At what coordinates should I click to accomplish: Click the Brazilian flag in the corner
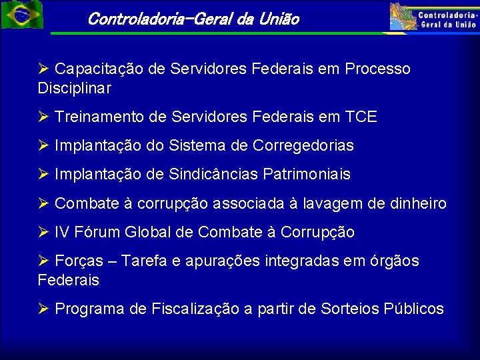pos(21,15)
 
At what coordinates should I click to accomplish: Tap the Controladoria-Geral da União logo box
pos(434,17)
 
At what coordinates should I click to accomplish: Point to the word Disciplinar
pos(74,88)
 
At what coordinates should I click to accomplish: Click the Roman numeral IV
pos(62,233)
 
